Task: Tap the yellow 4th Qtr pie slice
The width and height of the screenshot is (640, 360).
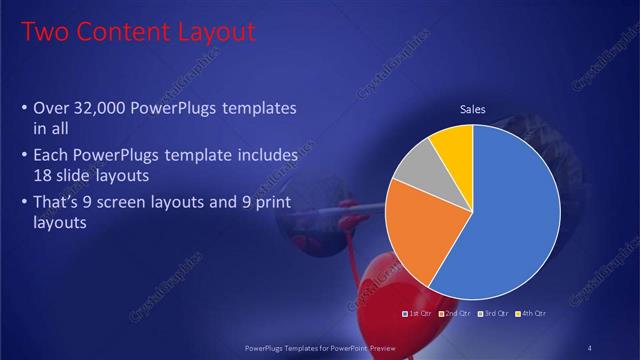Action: point(455,144)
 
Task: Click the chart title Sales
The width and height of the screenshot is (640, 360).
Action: point(472,109)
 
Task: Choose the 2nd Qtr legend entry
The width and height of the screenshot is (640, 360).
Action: point(455,313)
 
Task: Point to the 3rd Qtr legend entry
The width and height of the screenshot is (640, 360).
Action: point(493,313)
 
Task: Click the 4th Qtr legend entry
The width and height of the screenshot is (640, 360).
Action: point(530,313)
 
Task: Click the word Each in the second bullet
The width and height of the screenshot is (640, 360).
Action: point(52,157)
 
